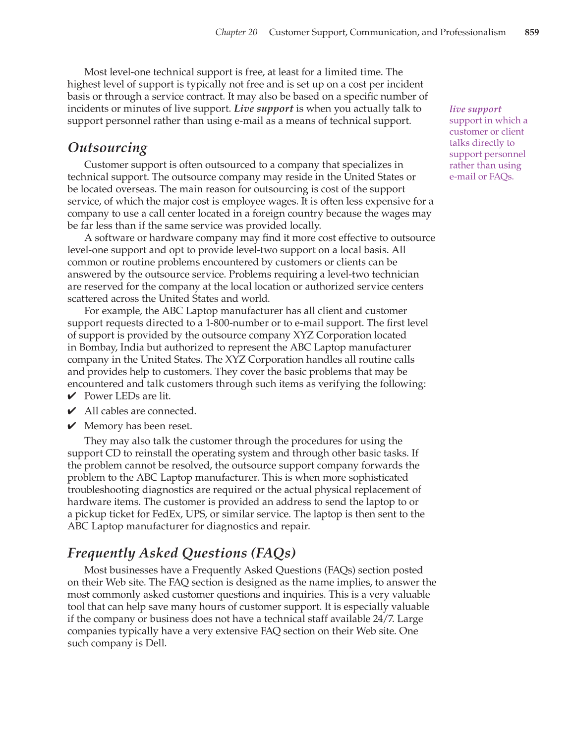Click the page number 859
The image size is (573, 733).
[531, 32]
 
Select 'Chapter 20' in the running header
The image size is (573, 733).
[236, 32]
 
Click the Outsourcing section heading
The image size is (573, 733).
[108, 148]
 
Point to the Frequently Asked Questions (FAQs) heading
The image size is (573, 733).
[181, 553]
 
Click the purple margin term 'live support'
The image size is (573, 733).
[475, 109]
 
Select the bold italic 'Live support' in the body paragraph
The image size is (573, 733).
[263, 109]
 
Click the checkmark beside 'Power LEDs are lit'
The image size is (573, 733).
[71, 396]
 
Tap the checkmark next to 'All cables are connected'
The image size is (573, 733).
[71, 411]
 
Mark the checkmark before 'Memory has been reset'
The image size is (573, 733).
[71, 426]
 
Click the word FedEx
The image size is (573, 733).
[167, 514]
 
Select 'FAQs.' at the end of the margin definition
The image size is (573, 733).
[501, 177]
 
